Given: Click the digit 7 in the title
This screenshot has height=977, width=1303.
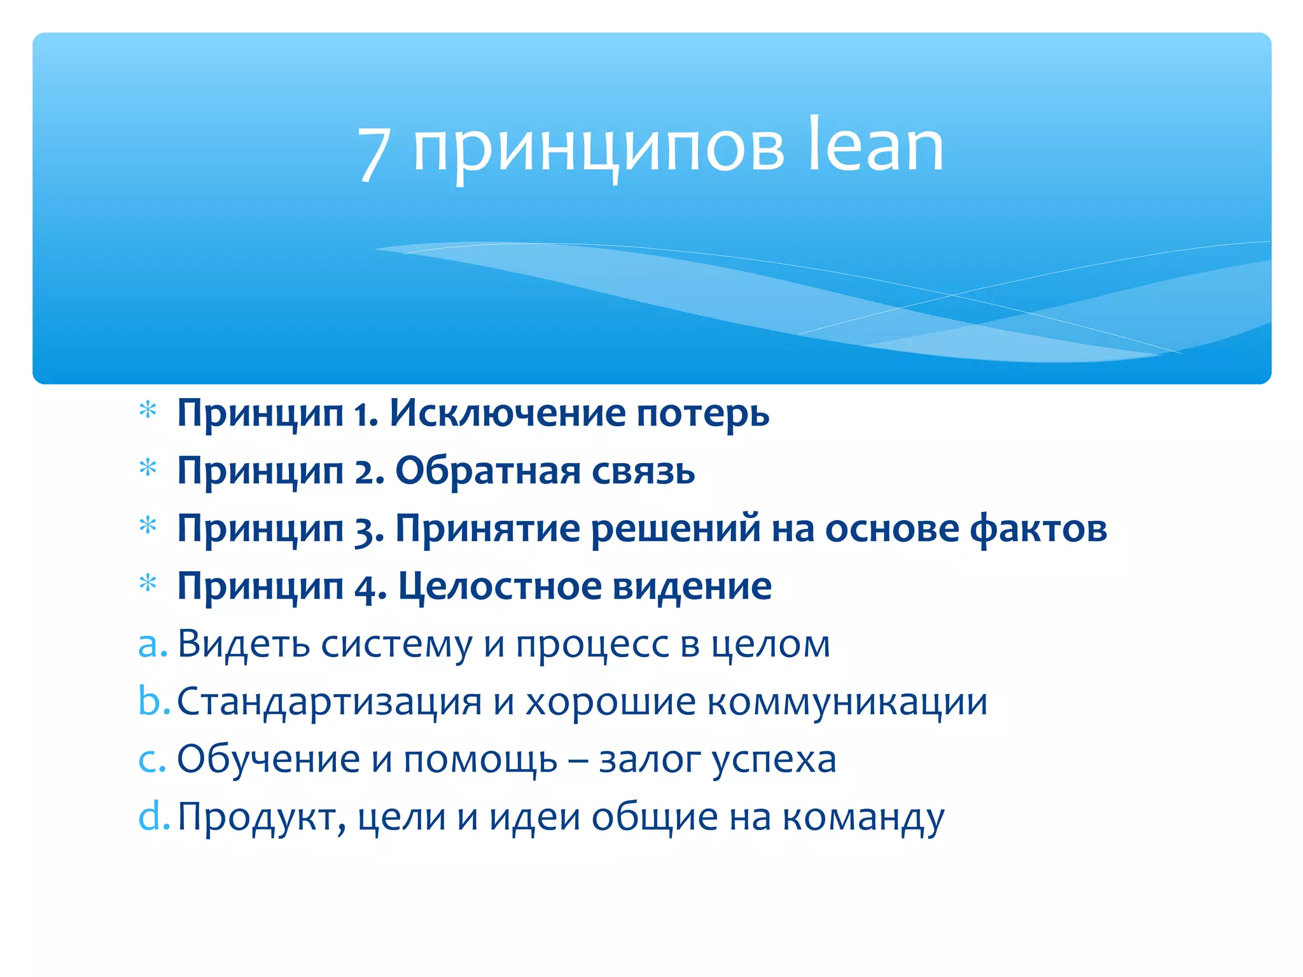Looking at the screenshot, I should pos(373,153).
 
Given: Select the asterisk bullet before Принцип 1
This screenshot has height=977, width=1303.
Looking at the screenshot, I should pos(148,411).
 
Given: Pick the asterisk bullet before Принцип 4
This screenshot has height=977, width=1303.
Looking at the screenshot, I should pos(148,583).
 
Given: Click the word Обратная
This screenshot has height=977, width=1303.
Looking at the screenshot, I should pos(488,471).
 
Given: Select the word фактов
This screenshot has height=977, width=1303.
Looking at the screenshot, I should pos(1038,529).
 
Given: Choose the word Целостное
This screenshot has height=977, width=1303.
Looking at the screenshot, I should pos(499,586).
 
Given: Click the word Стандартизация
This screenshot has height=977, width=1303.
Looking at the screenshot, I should pos(329,703).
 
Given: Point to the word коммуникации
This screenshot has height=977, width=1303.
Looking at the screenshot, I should pos(847,703).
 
